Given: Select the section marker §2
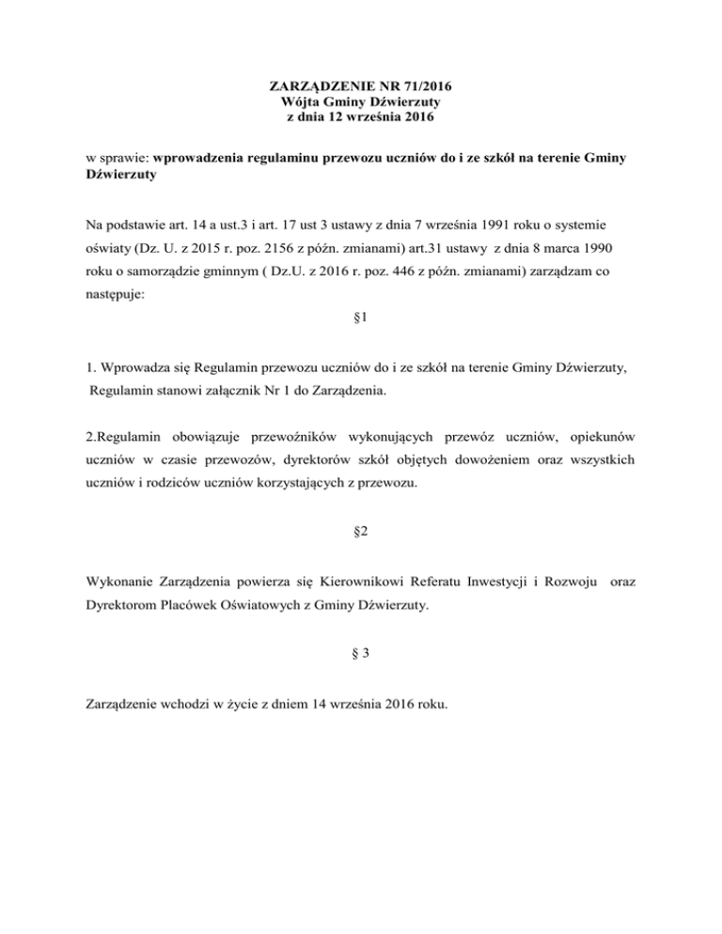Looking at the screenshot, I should tap(361, 530).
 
